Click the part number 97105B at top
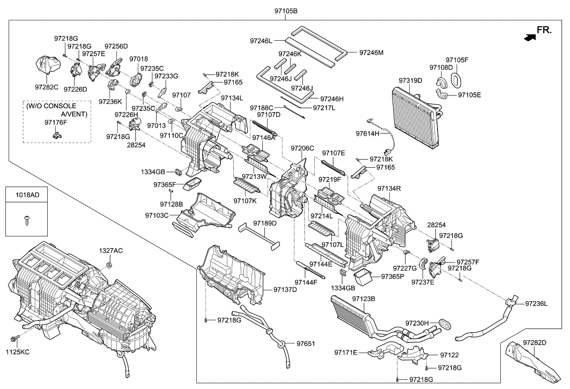[285, 11]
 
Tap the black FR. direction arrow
[530, 38]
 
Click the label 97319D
[410, 80]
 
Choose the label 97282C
[46, 86]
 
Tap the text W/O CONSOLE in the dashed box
[50, 106]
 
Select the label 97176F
[55, 123]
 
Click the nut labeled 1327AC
[109, 265]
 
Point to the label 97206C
[302, 148]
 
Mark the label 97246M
[372, 53]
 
